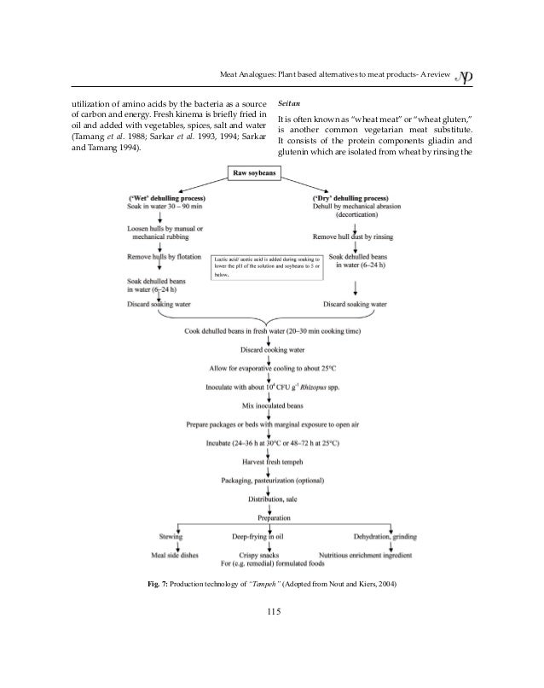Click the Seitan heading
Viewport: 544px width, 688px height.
pyautogui.click(x=292, y=101)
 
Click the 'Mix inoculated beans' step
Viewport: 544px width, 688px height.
pyautogui.click(x=270, y=405)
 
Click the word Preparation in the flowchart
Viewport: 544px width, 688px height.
pyautogui.click(x=270, y=517)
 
